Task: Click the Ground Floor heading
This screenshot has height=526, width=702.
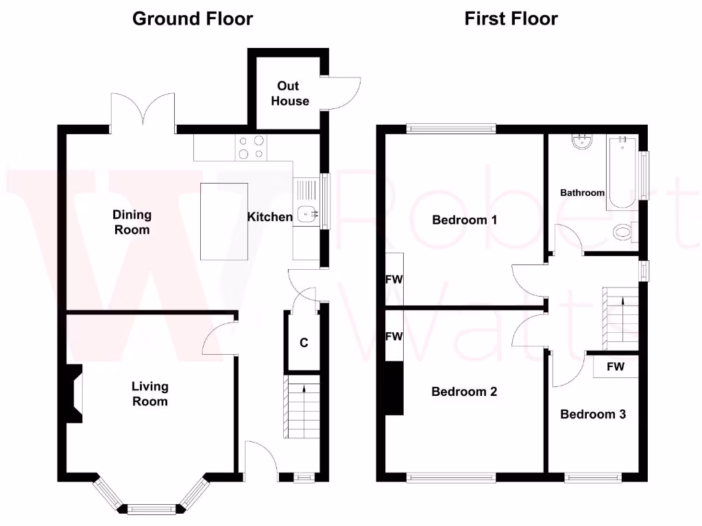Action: (192, 18)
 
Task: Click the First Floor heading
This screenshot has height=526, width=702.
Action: (511, 18)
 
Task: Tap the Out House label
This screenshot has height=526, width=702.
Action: (290, 94)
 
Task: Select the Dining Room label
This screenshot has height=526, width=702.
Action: (132, 223)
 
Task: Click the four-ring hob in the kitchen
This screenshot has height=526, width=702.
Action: (251, 147)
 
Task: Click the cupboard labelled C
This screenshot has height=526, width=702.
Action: (303, 342)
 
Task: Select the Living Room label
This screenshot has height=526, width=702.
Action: (150, 394)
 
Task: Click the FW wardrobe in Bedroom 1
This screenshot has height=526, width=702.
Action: (394, 279)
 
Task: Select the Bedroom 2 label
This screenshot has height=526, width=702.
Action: (464, 392)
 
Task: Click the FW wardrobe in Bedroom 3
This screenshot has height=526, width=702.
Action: (615, 366)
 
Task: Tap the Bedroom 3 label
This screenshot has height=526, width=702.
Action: (593, 414)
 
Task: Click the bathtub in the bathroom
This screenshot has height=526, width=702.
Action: (623, 171)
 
